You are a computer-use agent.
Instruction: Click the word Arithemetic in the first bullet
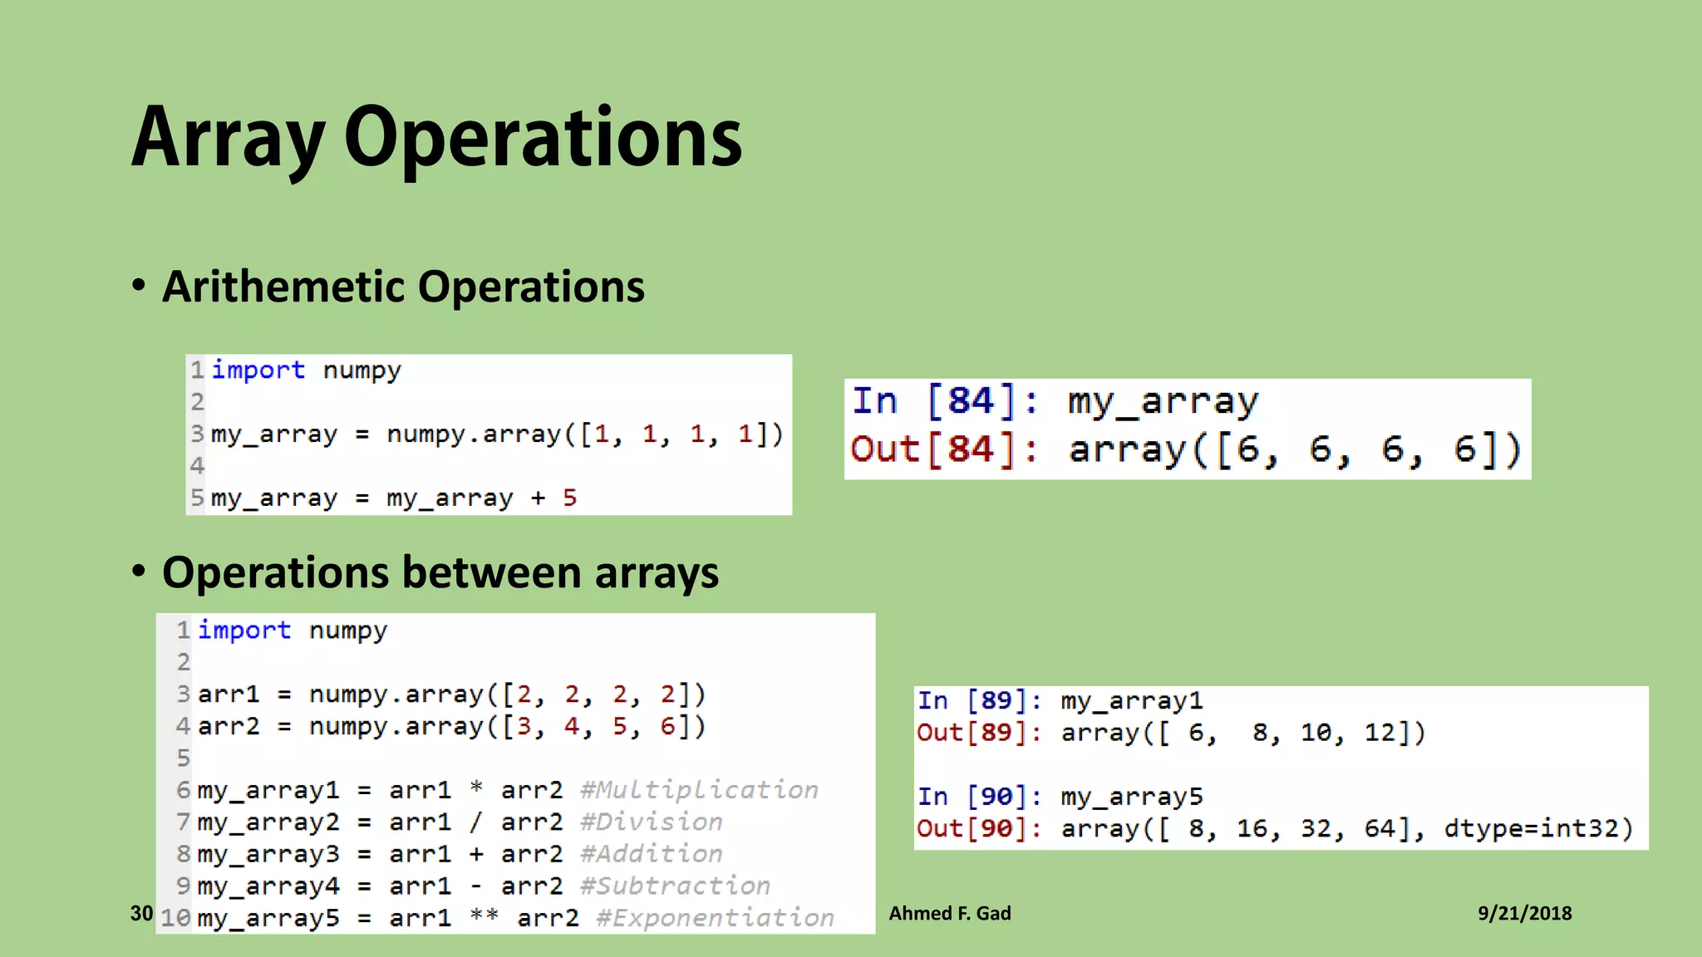tap(286, 287)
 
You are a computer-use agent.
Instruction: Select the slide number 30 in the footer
tap(141, 914)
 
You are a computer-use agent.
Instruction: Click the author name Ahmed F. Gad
tap(950, 914)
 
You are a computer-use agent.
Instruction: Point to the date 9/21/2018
tap(1524, 914)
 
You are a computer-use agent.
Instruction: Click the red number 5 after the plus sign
tap(569, 498)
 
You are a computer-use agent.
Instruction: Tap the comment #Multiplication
tap(699, 790)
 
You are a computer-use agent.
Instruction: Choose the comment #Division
tap(651, 822)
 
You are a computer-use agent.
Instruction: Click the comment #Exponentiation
tap(715, 918)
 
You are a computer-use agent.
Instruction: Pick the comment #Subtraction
tap(675, 886)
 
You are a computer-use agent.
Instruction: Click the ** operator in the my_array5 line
tap(484, 916)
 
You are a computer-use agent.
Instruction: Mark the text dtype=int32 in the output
tap(1537, 829)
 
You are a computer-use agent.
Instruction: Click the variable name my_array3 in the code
tap(268, 854)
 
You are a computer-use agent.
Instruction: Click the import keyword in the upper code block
tap(258, 371)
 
